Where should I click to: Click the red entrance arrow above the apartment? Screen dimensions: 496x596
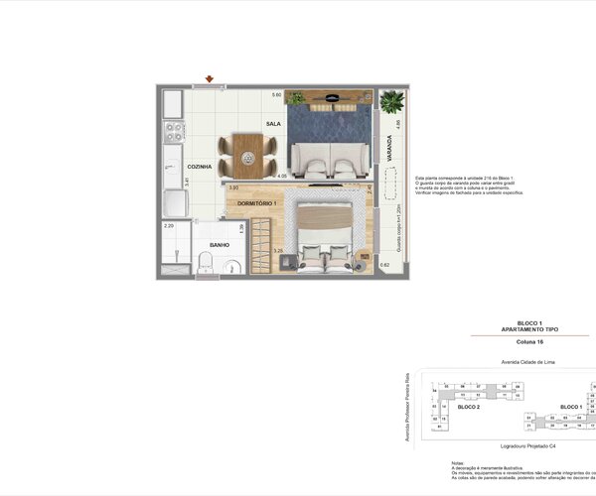(210, 79)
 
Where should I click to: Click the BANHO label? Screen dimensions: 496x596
(220, 244)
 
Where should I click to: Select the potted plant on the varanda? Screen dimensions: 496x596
(391, 101)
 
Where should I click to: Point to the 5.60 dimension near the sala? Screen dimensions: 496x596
(278, 95)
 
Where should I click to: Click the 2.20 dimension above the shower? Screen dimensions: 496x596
(169, 225)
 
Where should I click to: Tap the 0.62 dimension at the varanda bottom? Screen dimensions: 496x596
(385, 266)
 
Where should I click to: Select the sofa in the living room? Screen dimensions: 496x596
(328, 159)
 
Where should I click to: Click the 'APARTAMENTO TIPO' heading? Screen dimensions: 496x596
(516, 328)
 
